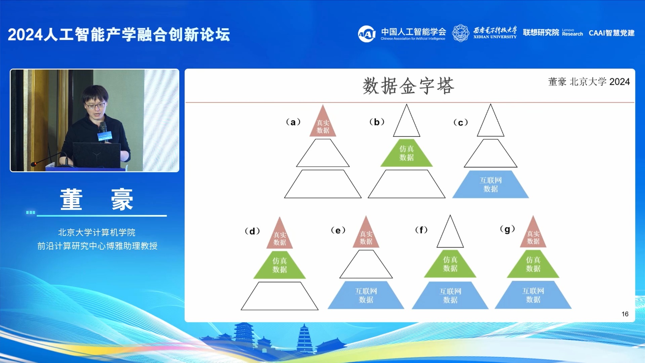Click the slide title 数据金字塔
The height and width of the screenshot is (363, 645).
408,86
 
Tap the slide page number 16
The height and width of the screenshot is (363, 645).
624,314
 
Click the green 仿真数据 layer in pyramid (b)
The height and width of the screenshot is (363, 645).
406,153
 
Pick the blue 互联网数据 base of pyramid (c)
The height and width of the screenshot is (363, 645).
490,185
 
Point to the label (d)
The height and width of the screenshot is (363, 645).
252,231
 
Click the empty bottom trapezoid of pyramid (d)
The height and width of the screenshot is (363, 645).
279,296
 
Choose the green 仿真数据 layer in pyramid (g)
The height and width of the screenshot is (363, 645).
533,264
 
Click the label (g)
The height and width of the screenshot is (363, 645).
507,229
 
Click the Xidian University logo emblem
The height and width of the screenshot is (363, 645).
460,33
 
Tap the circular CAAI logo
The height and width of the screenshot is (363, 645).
367,34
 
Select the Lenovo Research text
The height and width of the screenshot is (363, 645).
572,32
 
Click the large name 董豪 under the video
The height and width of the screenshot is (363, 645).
97,200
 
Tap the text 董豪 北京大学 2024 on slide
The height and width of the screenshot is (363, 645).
589,82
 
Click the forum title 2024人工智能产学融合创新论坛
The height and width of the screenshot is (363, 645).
119,35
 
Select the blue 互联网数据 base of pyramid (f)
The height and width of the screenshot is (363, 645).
450,295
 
